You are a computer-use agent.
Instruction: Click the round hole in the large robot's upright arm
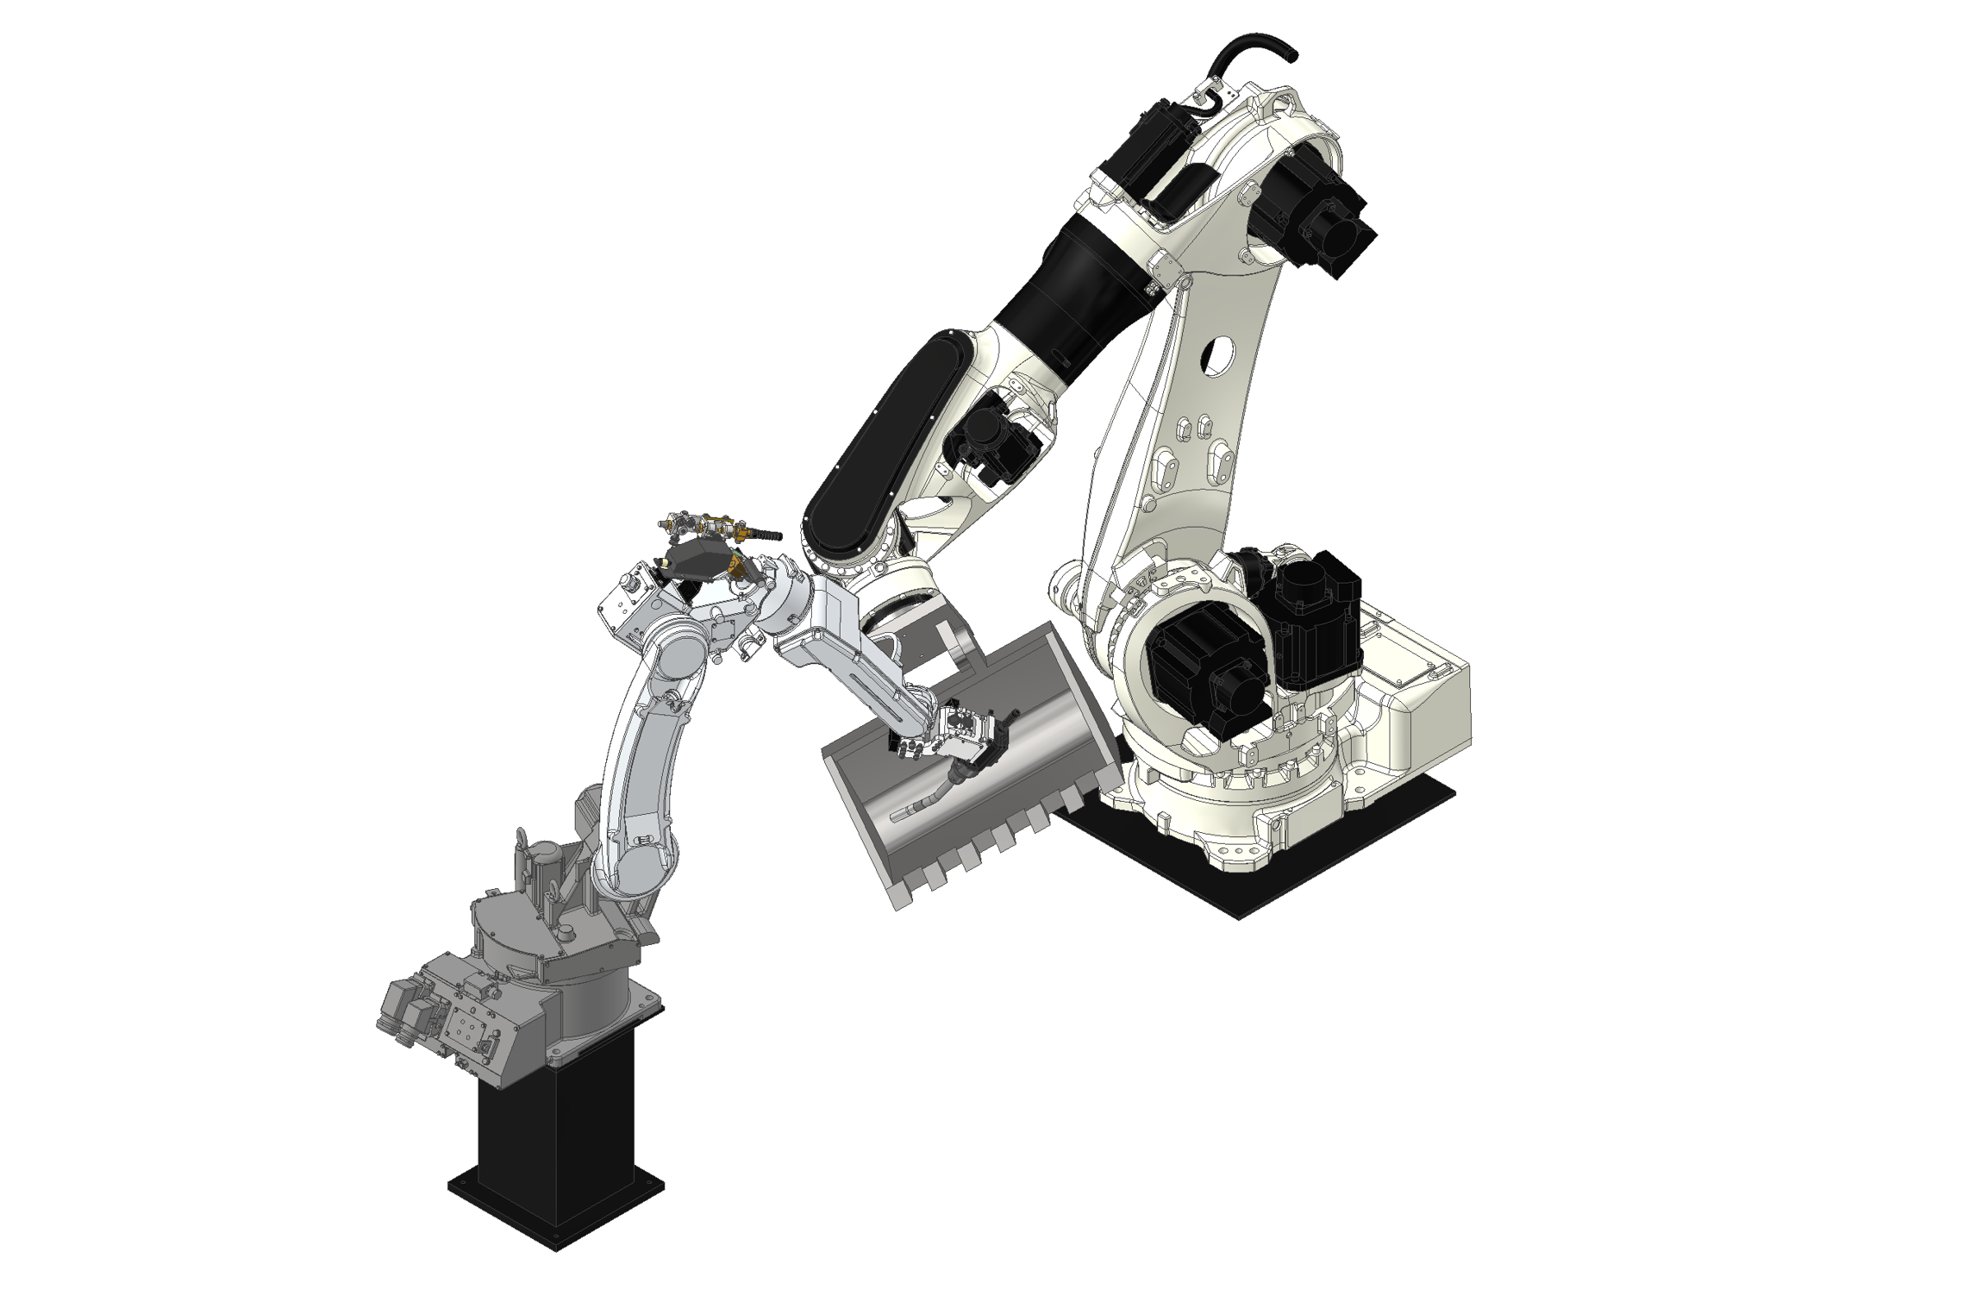1216,355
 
